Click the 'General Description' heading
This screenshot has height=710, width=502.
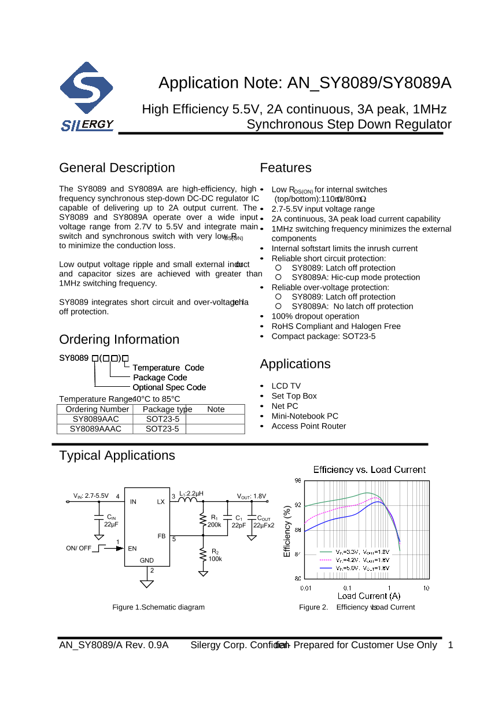[117, 168]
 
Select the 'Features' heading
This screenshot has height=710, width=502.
[285, 168]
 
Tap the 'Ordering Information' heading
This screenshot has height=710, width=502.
[119, 339]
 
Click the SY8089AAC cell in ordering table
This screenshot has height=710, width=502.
[95, 419]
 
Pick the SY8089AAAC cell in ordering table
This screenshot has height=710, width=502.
[95, 428]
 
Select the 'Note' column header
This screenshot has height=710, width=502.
[216, 409]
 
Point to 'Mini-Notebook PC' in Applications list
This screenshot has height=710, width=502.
[305, 416]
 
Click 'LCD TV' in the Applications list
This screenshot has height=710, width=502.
[286, 386]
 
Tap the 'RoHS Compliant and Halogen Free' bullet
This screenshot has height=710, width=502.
[335, 326]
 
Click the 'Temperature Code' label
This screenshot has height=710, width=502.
[168, 368]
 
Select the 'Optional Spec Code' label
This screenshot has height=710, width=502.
[169, 387]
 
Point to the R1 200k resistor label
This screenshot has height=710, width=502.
[215, 521]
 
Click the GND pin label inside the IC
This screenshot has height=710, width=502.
[147, 560]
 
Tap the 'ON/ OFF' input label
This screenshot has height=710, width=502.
[79, 548]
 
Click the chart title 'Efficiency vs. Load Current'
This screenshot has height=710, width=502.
[369, 469]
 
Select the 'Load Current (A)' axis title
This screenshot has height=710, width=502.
[368, 596]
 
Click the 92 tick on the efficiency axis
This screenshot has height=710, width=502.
[297, 505]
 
